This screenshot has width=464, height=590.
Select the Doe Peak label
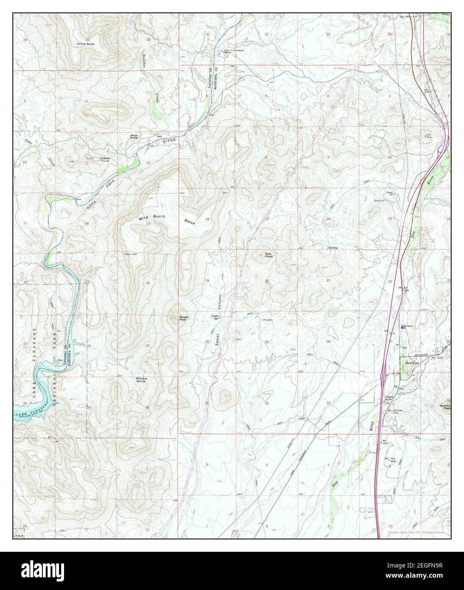click(x=268, y=256)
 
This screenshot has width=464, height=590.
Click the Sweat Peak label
click(x=184, y=318)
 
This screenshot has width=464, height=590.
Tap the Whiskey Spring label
click(x=141, y=379)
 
